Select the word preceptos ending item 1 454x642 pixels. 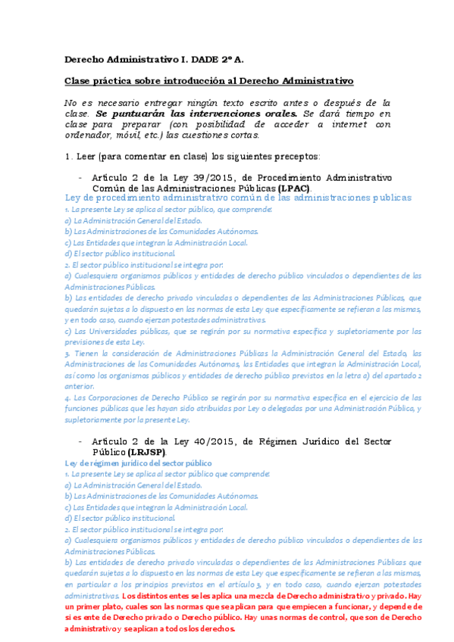293,156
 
